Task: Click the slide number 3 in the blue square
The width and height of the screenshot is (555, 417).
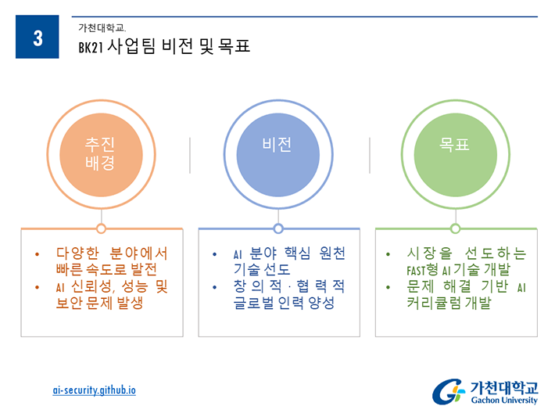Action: click(x=38, y=38)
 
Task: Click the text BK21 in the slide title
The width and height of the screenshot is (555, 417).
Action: click(x=91, y=47)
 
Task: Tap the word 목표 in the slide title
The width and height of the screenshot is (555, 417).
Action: click(x=234, y=46)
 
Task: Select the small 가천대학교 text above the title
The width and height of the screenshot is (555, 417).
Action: click(x=102, y=27)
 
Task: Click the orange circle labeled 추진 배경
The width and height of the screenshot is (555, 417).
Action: click(x=101, y=155)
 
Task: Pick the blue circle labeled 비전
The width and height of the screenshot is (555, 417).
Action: click(x=277, y=155)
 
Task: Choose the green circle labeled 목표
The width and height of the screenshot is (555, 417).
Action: click(x=456, y=155)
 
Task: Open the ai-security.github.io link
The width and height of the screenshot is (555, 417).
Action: click(x=94, y=390)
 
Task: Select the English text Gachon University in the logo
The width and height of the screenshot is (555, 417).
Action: click(x=504, y=400)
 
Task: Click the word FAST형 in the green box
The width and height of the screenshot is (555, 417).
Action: click(x=422, y=270)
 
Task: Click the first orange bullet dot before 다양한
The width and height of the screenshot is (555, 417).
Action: click(x=38, y=254)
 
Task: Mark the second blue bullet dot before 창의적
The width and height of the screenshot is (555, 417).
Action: click(x=214, y=287)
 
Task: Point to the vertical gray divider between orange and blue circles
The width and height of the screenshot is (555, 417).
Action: click(x=190, y=155)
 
